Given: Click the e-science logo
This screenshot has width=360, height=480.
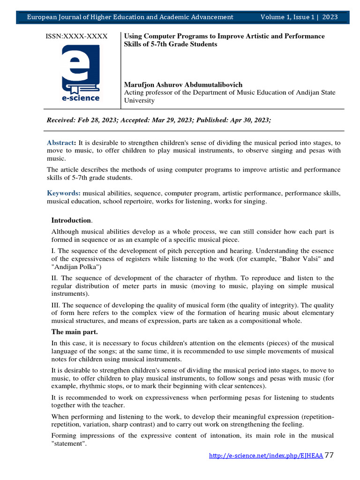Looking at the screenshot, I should (x=81, y=73).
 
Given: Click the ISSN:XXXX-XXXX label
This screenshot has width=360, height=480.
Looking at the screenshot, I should (x=76, y=36).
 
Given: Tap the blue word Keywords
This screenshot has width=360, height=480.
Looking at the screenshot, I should (x=63, y=193).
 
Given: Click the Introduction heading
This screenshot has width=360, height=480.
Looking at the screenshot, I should (x=71, y=220).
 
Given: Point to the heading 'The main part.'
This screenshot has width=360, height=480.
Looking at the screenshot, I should (x=75, y=332).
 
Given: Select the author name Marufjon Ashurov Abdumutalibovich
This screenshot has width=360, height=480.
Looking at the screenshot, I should (x=183, y=84).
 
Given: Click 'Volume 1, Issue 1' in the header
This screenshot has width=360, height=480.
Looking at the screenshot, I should (x=287, y=17).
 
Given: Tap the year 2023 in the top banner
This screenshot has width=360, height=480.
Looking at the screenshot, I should (x=330, y=17).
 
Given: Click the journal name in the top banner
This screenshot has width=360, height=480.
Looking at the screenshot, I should (x=130, y=17).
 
